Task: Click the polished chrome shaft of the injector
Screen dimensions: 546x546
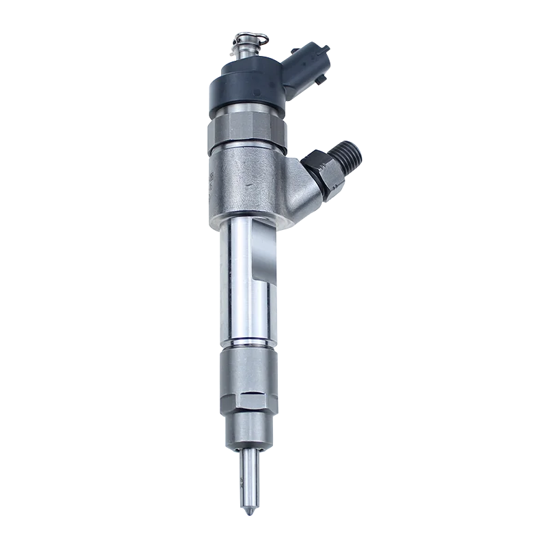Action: pos(235,287)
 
